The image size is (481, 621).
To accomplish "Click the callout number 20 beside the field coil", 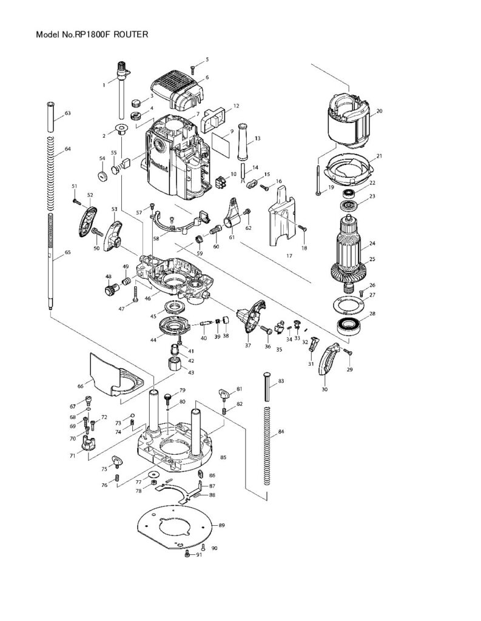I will point(379,111).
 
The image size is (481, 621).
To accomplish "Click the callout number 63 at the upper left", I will point(67,113).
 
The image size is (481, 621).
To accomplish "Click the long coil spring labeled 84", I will point(266,446).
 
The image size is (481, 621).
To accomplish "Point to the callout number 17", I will point(289,256).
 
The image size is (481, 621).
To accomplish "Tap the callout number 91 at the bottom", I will point(199,555).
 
